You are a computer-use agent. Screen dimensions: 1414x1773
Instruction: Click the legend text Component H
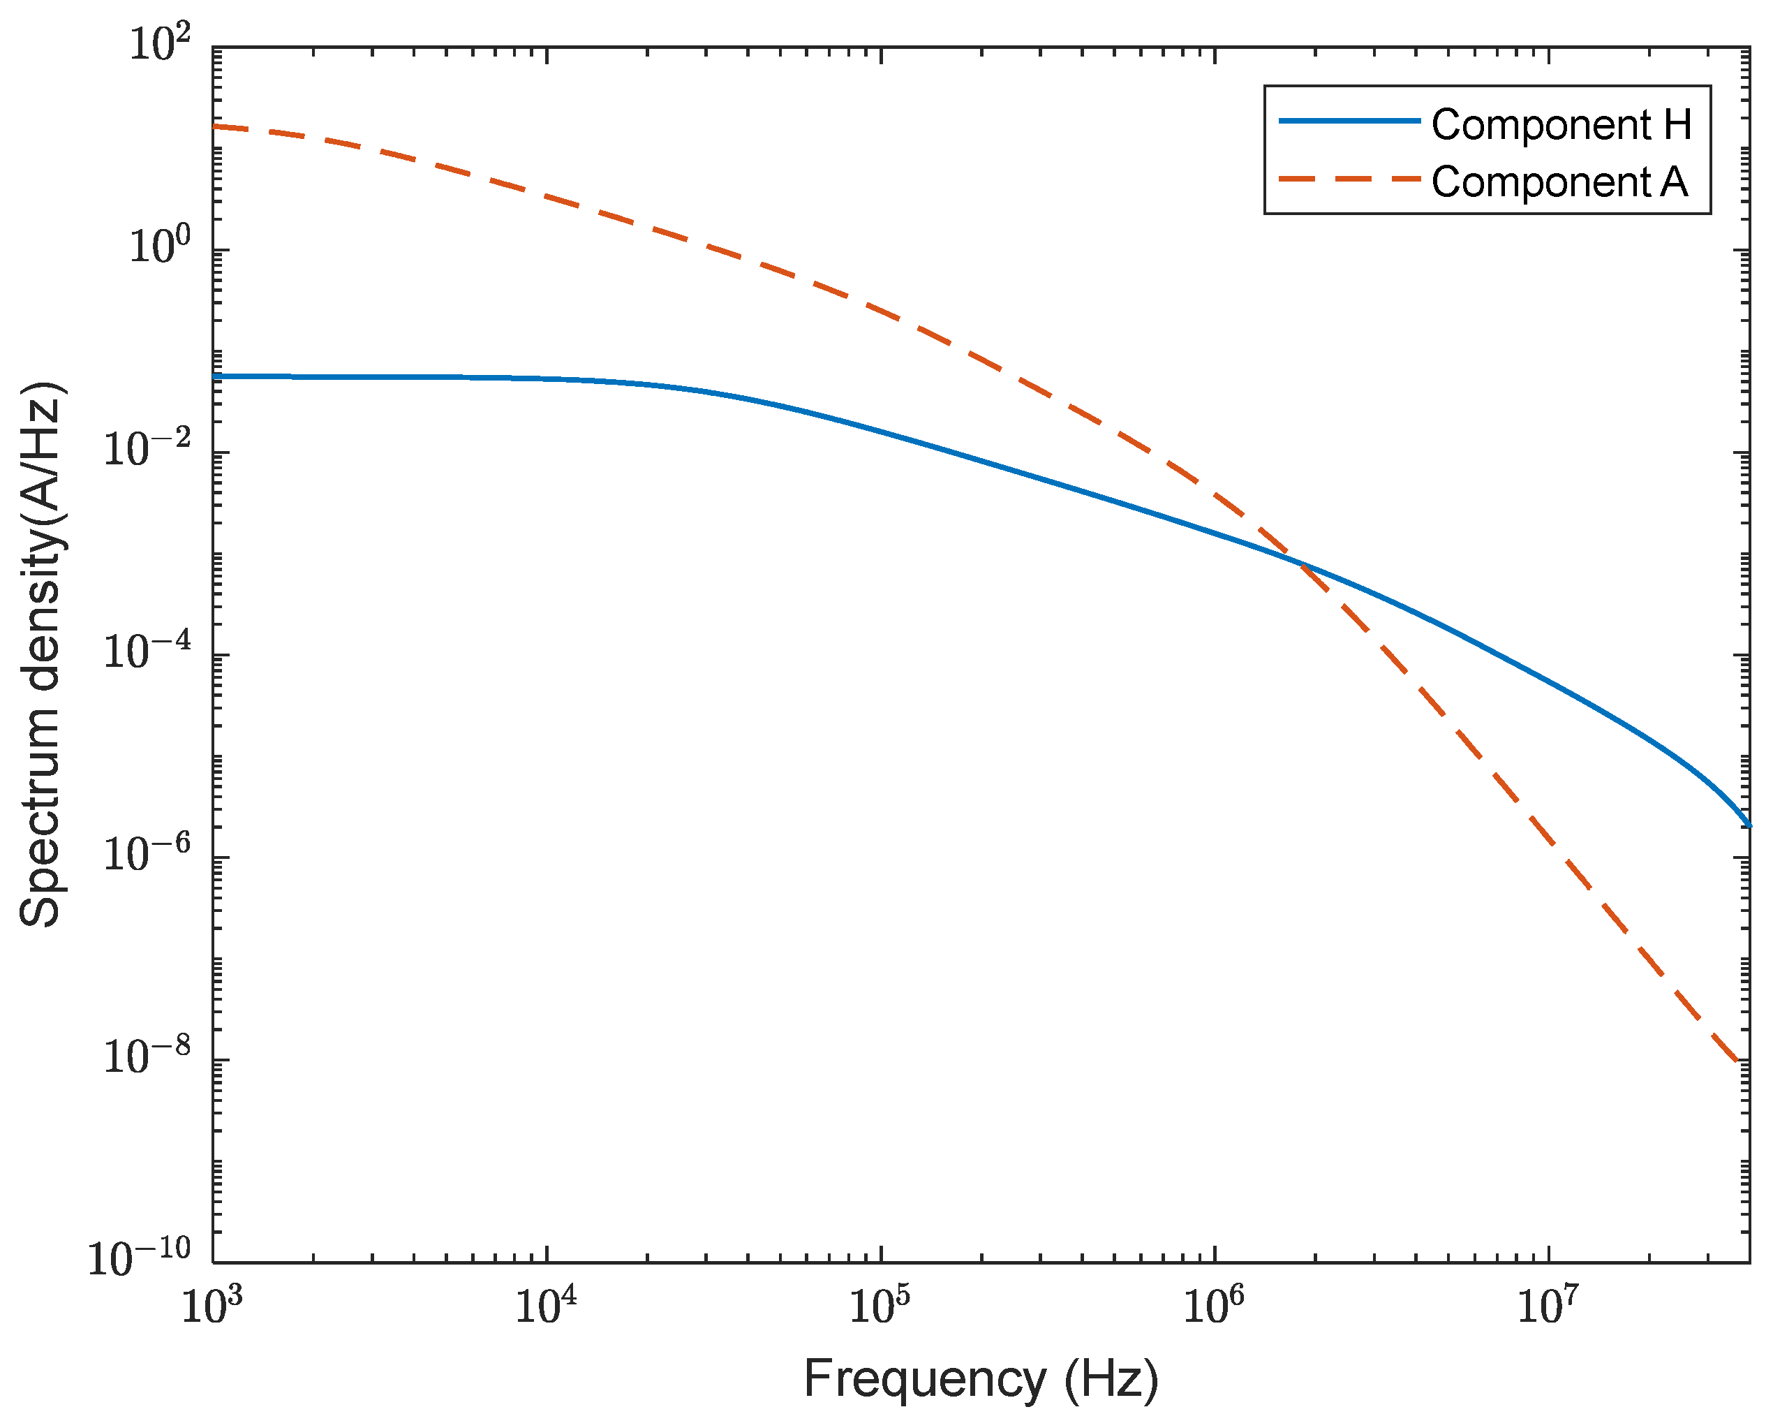(x=1561, y=125)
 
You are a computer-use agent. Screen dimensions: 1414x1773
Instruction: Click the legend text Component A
(x=1559, y=182)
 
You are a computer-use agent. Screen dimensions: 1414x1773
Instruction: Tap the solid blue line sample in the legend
(x=1349, y=121)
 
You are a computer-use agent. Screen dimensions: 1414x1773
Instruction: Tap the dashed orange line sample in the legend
(x=1349, y=179)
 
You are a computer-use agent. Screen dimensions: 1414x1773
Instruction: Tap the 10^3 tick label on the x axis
(x=212, y=1306)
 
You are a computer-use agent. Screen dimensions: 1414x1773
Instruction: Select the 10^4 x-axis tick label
(x=546, y=1306)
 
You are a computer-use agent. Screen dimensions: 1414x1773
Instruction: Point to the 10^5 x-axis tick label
(x=880, y=1306)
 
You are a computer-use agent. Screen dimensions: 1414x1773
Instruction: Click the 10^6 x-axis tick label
(x=1215, y=1306)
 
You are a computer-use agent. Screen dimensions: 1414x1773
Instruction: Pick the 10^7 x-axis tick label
(x=1548, y=1306)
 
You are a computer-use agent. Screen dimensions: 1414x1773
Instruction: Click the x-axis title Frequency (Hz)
(x=980, y=1380)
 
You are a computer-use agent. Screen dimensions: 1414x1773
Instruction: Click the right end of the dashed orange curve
(x=1736, y=1062)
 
